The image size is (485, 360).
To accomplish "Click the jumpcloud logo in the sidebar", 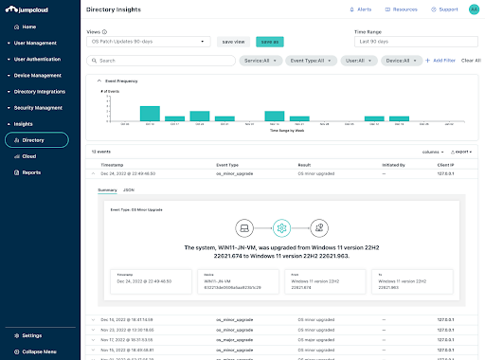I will point(35,9).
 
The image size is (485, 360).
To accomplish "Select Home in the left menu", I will point(30,27).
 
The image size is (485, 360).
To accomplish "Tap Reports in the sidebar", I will point(31,172).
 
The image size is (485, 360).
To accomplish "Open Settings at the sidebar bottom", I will point(31,335).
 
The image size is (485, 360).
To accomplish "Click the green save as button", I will point(270,42).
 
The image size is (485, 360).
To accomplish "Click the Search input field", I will point(161,60).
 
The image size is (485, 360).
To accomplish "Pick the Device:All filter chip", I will point(398,60).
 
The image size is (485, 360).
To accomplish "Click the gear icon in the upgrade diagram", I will point(279,228).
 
